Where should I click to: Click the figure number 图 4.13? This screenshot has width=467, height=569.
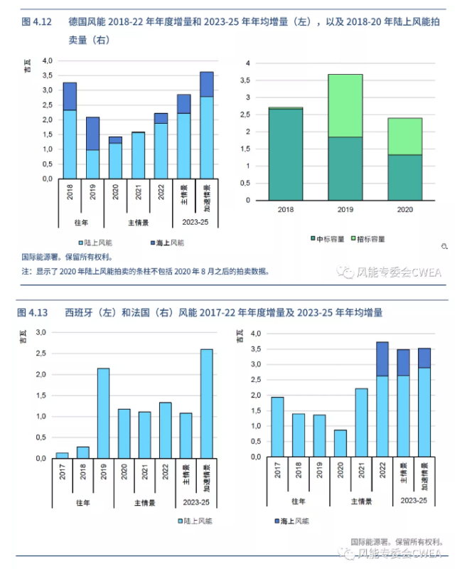point(33,312)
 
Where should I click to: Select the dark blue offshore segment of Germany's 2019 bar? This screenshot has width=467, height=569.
point(92,133)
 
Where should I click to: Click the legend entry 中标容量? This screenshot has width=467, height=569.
point(329,238)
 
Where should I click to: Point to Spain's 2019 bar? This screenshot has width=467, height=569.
point(103,413)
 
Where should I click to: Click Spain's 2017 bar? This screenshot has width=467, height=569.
point(63,455)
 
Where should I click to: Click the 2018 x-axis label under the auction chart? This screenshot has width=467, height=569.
point(286,210)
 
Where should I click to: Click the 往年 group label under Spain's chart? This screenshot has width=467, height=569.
point(83,503)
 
